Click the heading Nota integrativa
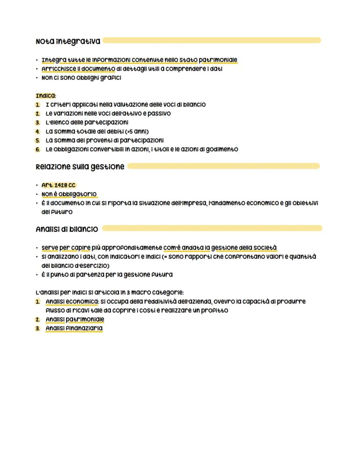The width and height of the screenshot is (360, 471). [x=68, y=41]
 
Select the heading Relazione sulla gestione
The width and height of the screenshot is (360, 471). [x=80, y=167]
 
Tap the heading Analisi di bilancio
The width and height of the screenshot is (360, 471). [x=67, y=229]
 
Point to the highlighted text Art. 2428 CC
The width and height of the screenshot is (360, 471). [x=58, y=185]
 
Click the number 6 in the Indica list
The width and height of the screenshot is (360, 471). [x=38, y=149]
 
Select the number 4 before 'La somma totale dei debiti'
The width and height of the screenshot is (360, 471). [x=38, y=131]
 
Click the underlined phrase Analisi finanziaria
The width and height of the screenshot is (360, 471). [x=74, y=328]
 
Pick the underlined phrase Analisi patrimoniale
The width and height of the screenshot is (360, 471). [x=75, y=320]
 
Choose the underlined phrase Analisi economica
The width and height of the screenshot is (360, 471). [x=72, y=301]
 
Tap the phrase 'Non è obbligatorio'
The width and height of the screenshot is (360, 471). [x=69, y=194]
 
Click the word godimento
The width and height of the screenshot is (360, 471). [x=222, y=149]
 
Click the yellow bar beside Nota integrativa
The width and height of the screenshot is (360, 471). [x=212, y=40]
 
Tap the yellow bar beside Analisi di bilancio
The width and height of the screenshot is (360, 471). [x=212, y=228]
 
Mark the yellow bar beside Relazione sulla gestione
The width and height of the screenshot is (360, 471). [x=223, y=166]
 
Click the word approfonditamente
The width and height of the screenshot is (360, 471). [x=127, y=248]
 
